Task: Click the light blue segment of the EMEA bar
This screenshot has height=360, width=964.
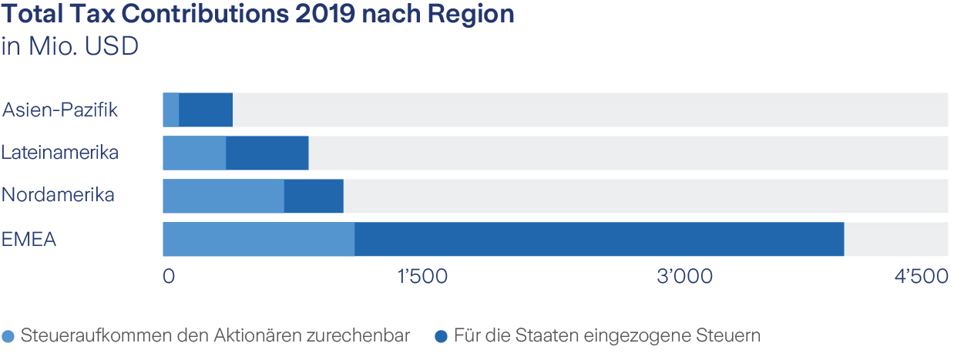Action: [x=258, y=239]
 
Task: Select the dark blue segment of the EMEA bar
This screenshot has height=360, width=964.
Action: [x=599, y=239]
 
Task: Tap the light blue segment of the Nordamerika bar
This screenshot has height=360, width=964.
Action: [x=223, y=196]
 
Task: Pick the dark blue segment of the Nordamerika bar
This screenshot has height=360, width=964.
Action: [x=314, y=196]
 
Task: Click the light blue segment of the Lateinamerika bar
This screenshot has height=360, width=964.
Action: [x=194, y=153]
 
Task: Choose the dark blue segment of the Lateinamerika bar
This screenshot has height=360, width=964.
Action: [x=267, y=153]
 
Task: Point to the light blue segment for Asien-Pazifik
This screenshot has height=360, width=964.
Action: [x=171, y=109]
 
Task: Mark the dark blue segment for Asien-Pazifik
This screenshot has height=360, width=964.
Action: [x=206, y=109]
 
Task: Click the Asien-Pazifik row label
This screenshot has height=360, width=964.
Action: [x=60, y=109]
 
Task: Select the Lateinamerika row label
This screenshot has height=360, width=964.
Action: [x=60, y=153]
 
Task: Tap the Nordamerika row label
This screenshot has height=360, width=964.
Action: [x=58, y=195]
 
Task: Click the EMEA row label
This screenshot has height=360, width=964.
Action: [x=29, y=239]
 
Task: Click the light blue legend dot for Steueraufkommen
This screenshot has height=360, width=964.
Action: [x=9, y=337]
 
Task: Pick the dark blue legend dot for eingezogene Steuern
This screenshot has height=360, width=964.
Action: [x=441, y=337]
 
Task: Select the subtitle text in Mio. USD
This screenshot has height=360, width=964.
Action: [x=70, y=46]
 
